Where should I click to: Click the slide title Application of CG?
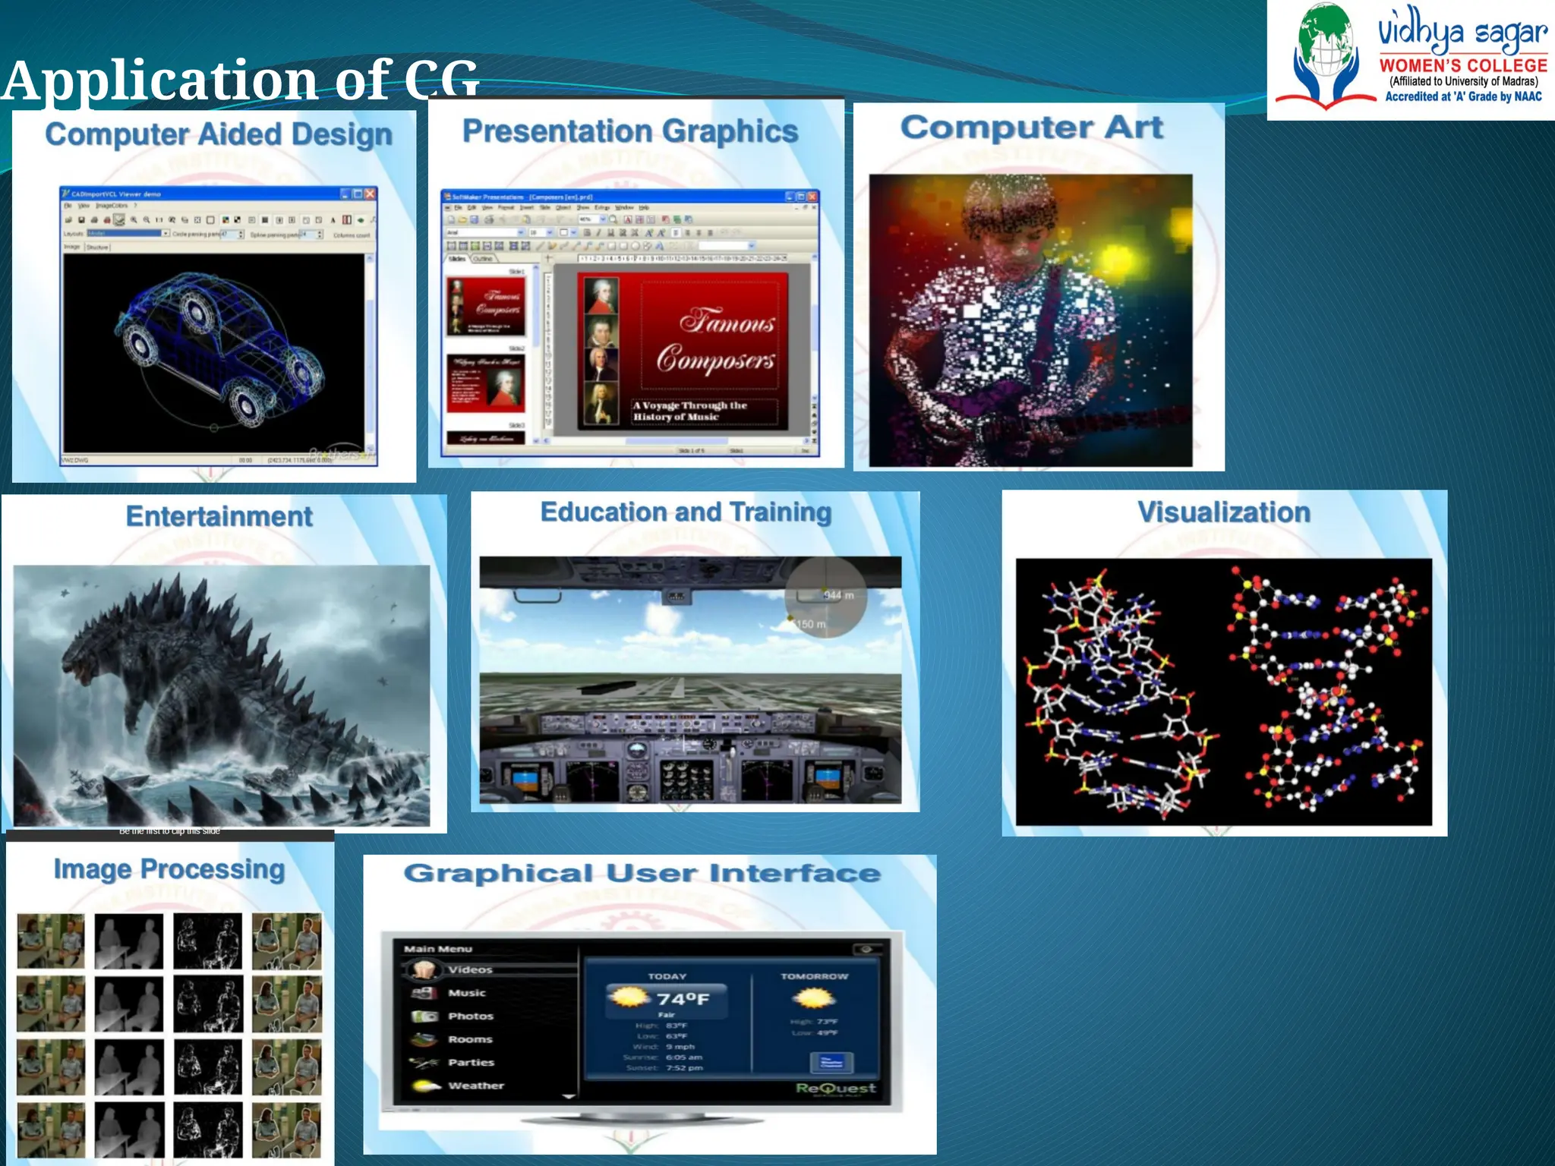coord(240,80)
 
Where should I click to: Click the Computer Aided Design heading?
coord(219,135)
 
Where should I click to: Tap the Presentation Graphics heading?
coord(630,131)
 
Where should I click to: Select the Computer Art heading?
coord(1031,128)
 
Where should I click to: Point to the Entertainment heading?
coord(219,516)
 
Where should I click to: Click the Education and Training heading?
coord(686,512)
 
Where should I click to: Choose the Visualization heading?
coord(1223,512)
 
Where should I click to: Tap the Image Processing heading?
coord(169,869)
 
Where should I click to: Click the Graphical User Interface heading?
coord(642,873)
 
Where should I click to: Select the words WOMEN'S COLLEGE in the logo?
coord(1462,66)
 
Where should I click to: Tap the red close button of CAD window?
coord(370,194)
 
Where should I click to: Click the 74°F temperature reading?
coord(683,999)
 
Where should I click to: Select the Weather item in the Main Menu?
coord(475,1086)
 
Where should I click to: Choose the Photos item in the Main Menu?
coord(470,1016)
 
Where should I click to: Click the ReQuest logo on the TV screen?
coord(835,1088)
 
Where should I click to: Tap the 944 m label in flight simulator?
coord(838,595)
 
